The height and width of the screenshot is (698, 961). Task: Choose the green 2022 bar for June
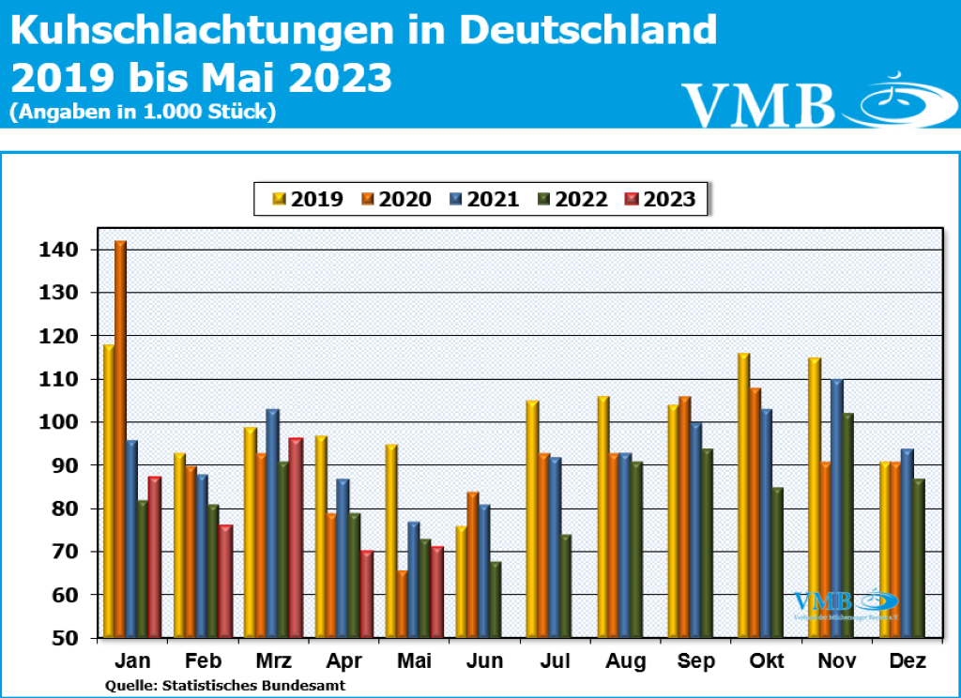[496, 600]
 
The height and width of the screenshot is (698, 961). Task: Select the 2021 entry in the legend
[484, 199]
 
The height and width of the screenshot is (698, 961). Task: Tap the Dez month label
[908, 662]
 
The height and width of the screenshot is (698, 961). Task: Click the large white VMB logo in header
[758, 103]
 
